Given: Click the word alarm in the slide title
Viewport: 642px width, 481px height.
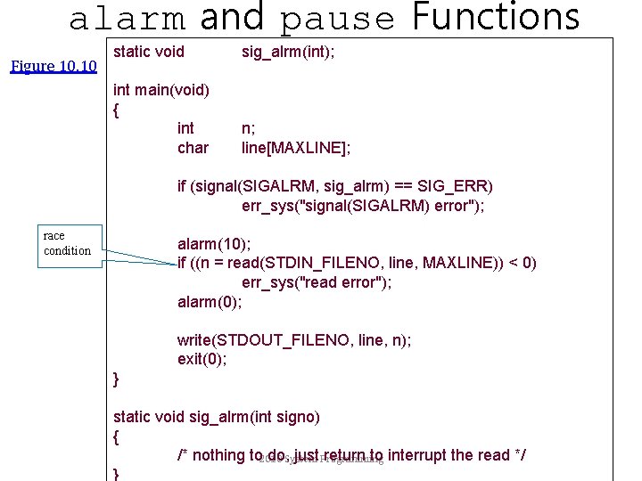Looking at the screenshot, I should pyautogui.click(x=127, y=18).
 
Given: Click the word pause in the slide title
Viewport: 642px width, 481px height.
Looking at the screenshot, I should pyautogui.click(x=338, y=18).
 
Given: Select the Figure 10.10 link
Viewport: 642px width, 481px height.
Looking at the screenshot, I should pyautogui.click(x=53, y=66).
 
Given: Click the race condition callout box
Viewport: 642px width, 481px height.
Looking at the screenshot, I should pyautogui.click(x=68, y=243).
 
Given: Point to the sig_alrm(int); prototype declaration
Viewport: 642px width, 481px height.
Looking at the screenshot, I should pyautogui.click(x=288, y=52).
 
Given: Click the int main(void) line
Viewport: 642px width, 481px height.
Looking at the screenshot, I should pyautogui.click(x=161, y=89).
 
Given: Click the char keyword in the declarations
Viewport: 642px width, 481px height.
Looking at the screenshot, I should pyautogui.click(x=193, y=148).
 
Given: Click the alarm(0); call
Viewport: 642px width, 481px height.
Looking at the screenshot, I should pyautogui.click(x=210, y=302).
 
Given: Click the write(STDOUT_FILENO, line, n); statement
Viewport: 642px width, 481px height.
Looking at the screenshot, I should pyautogui.click(x=294, y=340).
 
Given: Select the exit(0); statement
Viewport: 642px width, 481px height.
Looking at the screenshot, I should pyautogui.click(x=202, y=360).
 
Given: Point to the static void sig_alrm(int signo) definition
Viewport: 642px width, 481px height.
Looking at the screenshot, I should pyautogui.click(x=216, y=417).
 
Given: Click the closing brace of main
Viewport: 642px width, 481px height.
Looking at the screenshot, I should pyautogui.click(x=117, y=380).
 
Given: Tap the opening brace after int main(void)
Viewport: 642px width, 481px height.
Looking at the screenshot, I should pyautogui.click(x=117, y=110).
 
